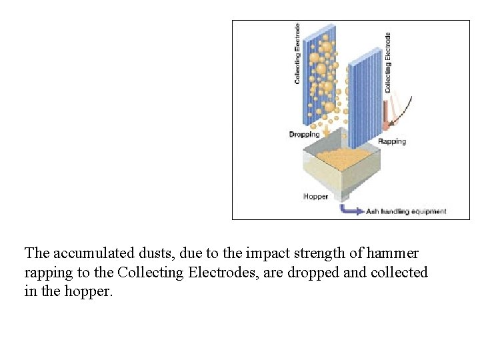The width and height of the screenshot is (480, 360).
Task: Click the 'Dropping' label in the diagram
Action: click(304, 135)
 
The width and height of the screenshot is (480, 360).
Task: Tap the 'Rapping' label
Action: click(391, 141)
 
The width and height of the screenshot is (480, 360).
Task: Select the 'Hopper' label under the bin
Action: click(315, 197)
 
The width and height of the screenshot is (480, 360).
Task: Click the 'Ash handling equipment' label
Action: click(406, 211)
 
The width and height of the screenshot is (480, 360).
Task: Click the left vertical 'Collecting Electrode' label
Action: click(297, 53)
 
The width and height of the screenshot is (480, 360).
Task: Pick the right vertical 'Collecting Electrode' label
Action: click(387, 63)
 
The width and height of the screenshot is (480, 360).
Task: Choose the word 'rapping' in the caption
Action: click(47, 273)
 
